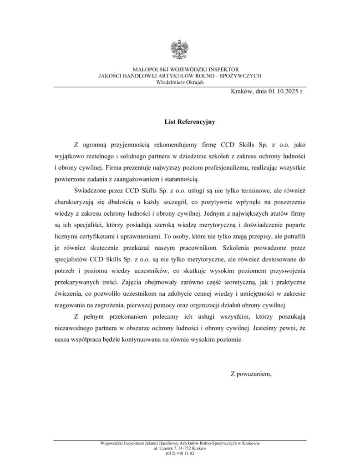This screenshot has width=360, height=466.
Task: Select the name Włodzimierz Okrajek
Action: (180, 82)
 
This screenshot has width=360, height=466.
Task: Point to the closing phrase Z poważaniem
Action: (251, 374)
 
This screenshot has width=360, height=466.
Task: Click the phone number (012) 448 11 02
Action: (180, 453)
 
